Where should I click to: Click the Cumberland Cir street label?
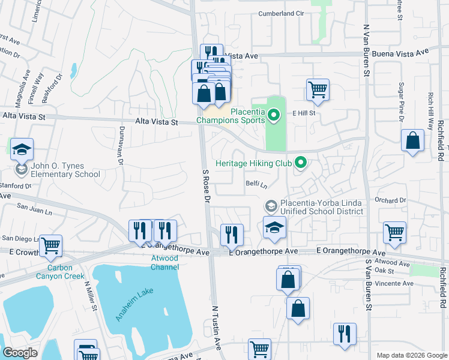282,13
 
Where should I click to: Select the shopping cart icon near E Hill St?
318,90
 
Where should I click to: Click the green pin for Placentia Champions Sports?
274,113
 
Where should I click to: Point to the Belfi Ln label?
256,184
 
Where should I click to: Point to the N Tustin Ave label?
217,324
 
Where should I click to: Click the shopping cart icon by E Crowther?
50,245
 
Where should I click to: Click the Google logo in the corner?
20,353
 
